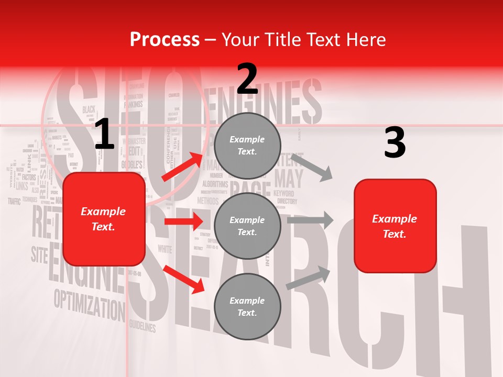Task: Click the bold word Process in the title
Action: (x=165, y=39)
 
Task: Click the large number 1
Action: (x=104, y=135)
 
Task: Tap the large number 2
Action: (x=247, y=79)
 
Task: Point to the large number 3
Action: (x=395, y=143)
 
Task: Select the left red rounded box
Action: (x=104, y=219)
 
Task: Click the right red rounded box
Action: (x=395, y=226)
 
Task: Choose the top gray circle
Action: (x=247, y=146)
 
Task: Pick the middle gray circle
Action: (x=247, y=226)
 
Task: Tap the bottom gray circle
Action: (x=247, y=306)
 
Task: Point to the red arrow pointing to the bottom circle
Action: (x=184, y=279)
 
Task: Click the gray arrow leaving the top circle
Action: (x=311, y=166)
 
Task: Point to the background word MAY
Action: (x=289, y=179)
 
